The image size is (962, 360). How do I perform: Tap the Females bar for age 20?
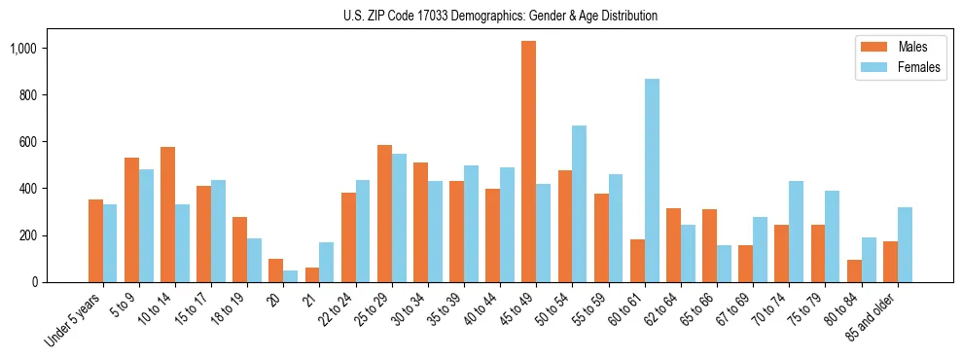pos(291,276)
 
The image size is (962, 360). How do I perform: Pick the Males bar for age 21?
pos(312,275)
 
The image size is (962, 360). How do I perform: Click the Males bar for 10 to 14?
pos(167,215)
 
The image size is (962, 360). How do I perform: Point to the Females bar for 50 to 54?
pos(580,204)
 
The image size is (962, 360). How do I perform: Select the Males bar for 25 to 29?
pos(384,214)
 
